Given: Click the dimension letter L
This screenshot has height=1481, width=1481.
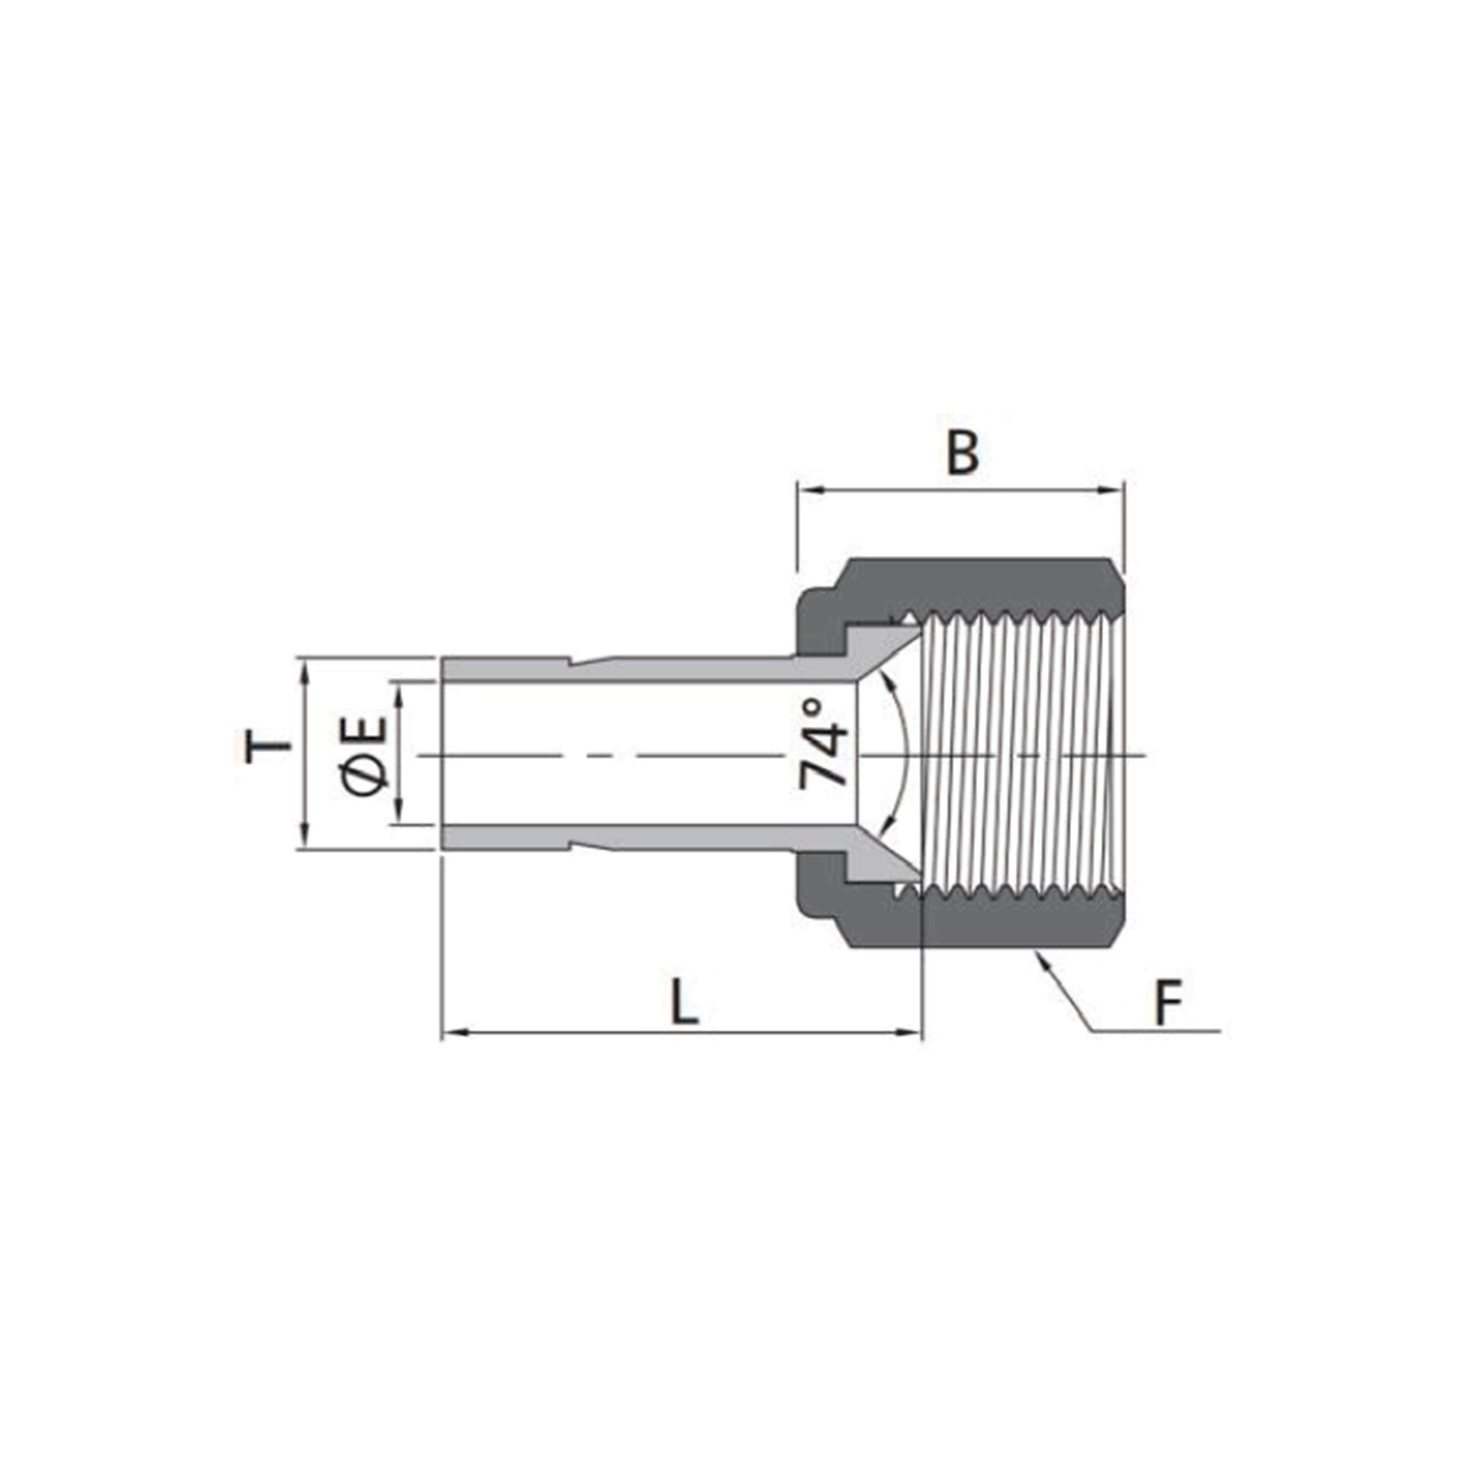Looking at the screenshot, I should click(684, 1005).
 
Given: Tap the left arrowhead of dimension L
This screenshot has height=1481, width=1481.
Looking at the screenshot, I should click(452, 1033).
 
